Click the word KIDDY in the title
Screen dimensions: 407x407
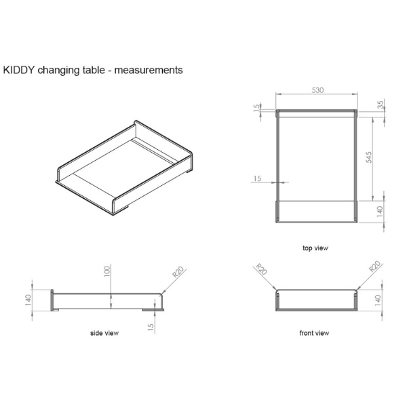(18, 70)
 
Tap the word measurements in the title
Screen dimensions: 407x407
(150, 70)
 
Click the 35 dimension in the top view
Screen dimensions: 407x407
(381, 105)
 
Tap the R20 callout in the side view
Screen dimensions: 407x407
(178, 272)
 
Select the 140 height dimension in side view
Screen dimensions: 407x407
(28, 301)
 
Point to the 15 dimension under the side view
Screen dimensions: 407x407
(151, 326)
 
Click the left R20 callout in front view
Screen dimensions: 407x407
(261, 269)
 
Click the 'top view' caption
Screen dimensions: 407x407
(315, 248)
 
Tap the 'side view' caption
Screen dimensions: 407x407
(104, 333)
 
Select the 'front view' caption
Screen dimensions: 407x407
(315, 333)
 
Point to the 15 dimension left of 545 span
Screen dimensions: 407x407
(257, 178)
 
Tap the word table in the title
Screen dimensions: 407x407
(96, 70)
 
